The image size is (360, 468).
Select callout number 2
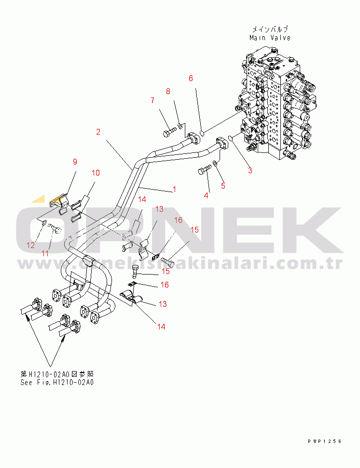pos(98,132)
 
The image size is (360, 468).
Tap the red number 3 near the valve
pos(250,169)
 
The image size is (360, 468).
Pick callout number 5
pos(223,185)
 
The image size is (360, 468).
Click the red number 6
pos(191,78)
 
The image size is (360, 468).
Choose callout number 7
pos(152,100)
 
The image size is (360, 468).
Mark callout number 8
pos(168,91)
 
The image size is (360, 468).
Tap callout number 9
pos(75,162)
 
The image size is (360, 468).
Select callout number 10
pos(96,172)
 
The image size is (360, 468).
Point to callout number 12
pos(30,245)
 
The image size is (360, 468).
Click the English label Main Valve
pos(270,38)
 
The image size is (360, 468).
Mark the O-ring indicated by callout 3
pos(231,139)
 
